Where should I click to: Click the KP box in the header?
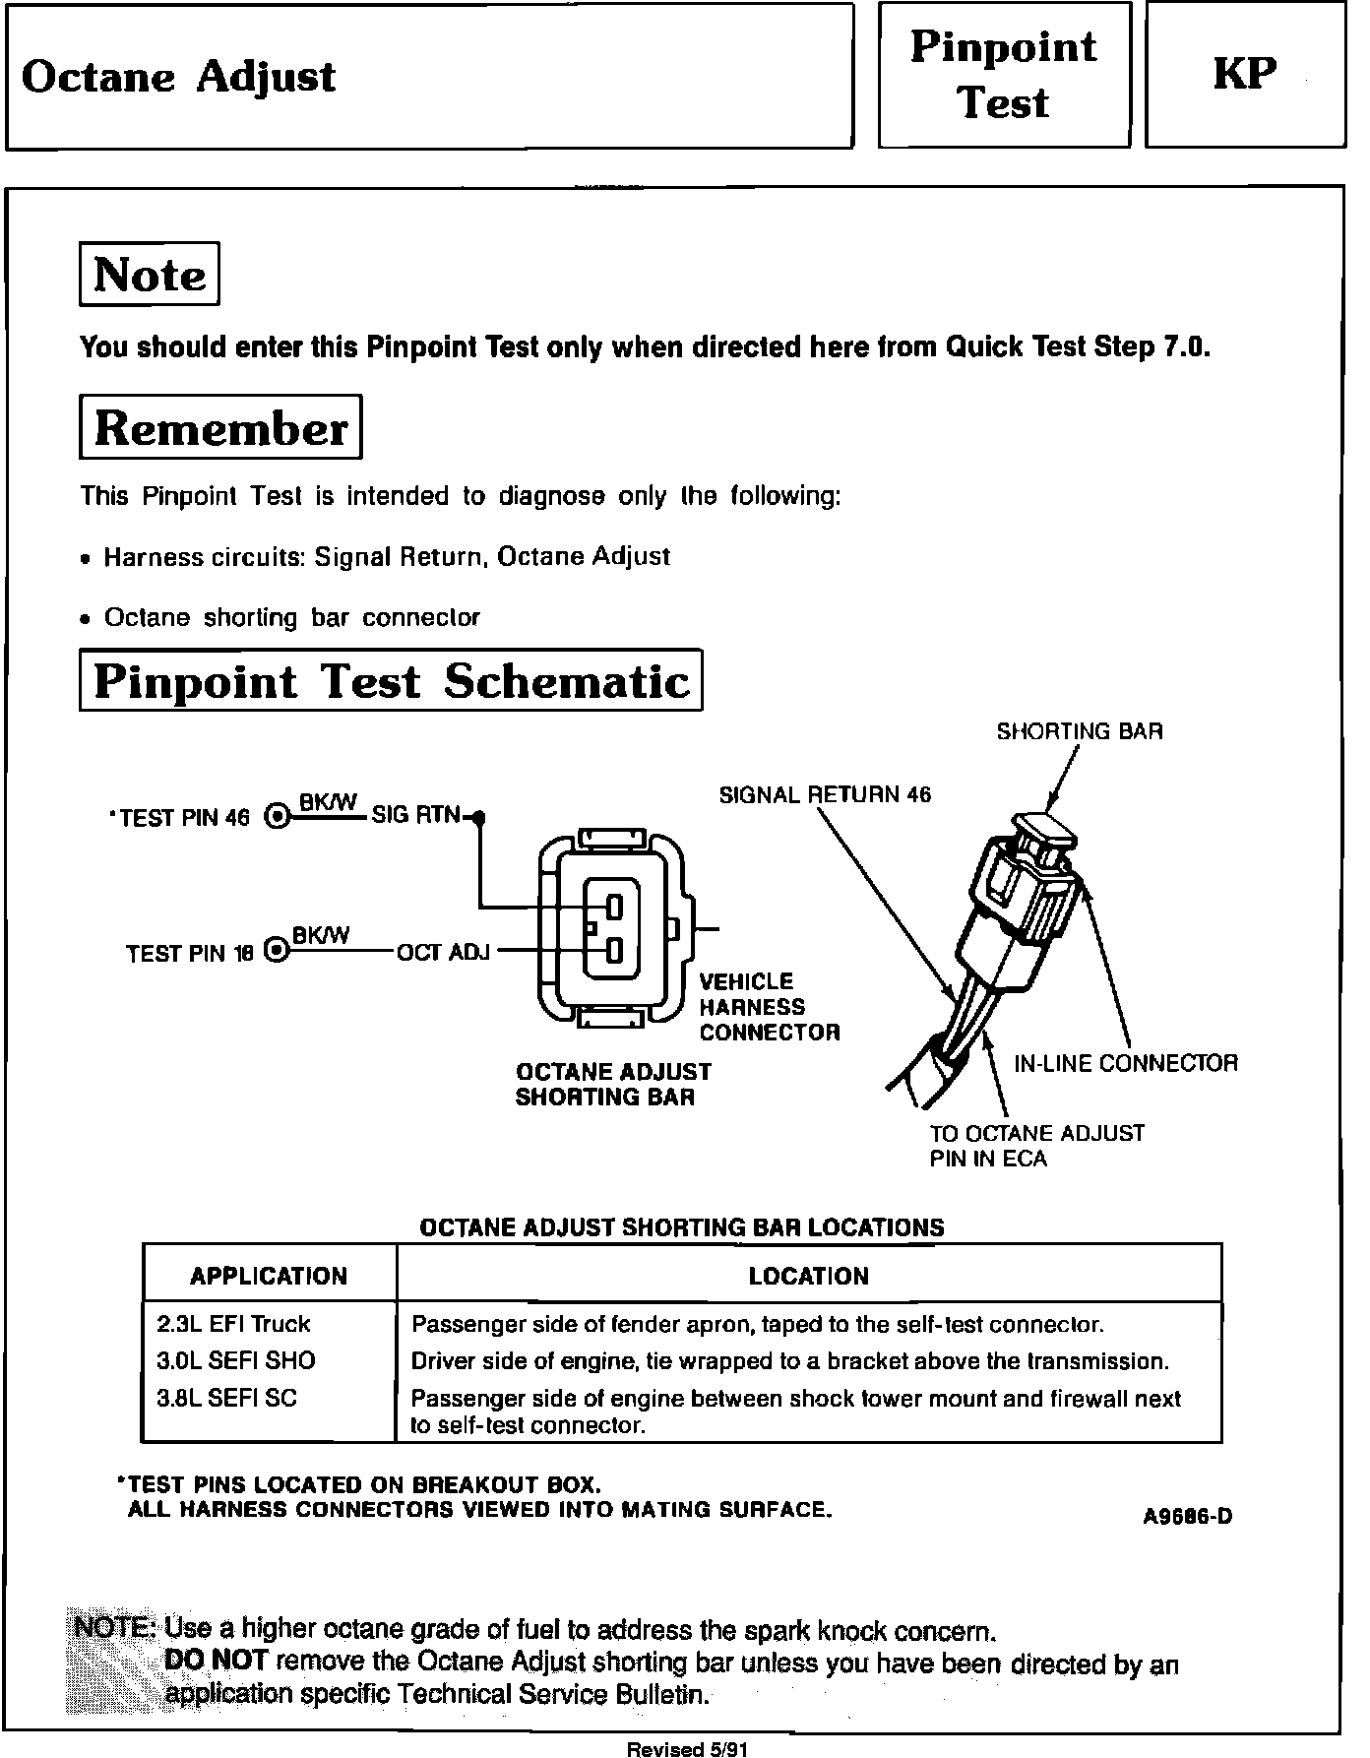pos(1244,75)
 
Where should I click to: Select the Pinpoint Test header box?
pos(1003,75)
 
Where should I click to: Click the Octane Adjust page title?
pos(178,77)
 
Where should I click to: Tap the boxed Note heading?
pos(149,275)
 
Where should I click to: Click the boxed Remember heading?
pos(220,428)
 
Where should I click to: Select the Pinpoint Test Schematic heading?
pos(391,681)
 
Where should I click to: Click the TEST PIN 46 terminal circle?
pos(279,816)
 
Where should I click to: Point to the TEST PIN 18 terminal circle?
pos(279,951)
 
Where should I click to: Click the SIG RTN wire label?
pos(415,815)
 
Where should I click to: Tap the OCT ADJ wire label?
pos(443,952)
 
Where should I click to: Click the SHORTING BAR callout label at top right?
pos(1079,731)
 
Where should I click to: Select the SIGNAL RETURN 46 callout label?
pos(825,794)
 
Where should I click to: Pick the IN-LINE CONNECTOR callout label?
pos(1125,1063)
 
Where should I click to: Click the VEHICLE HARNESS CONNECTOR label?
pos(769,1007)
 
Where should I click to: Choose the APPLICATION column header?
pos(269,1277)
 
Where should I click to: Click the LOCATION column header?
pos(808,1277)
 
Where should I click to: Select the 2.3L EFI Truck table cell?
pos(233,1324)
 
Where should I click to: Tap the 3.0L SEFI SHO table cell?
pos(236,1361)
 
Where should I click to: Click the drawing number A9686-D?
pos(1187,1517)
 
